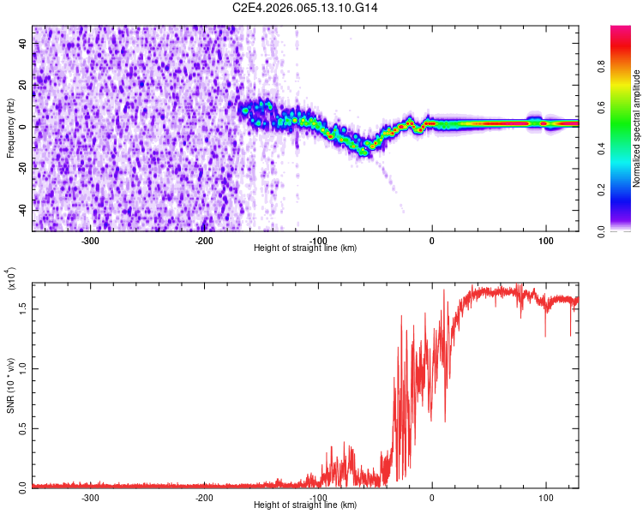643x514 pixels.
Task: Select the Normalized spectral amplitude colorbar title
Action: click(x=636, y=128)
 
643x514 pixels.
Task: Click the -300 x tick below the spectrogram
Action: click(x=91, y=240)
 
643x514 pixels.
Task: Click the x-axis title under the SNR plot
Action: click(x=305, y=505)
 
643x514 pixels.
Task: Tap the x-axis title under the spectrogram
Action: click(x=305, y=248)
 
